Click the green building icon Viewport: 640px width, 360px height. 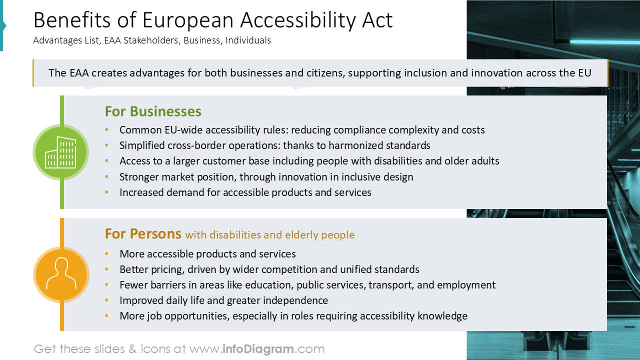coord(60,152)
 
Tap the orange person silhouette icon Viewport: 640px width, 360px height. coord(61,274)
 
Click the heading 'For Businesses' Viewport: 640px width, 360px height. coord(153,111)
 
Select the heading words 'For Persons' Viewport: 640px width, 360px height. coord(143,233)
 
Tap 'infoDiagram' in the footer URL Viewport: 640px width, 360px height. coord(257,349)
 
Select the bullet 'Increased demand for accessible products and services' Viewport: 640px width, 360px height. coord(245,192)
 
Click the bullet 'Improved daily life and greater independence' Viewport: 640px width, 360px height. coord(223,300)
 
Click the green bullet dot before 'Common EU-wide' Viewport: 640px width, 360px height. coord(106,130)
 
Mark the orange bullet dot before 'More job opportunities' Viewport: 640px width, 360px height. coord(106,316)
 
